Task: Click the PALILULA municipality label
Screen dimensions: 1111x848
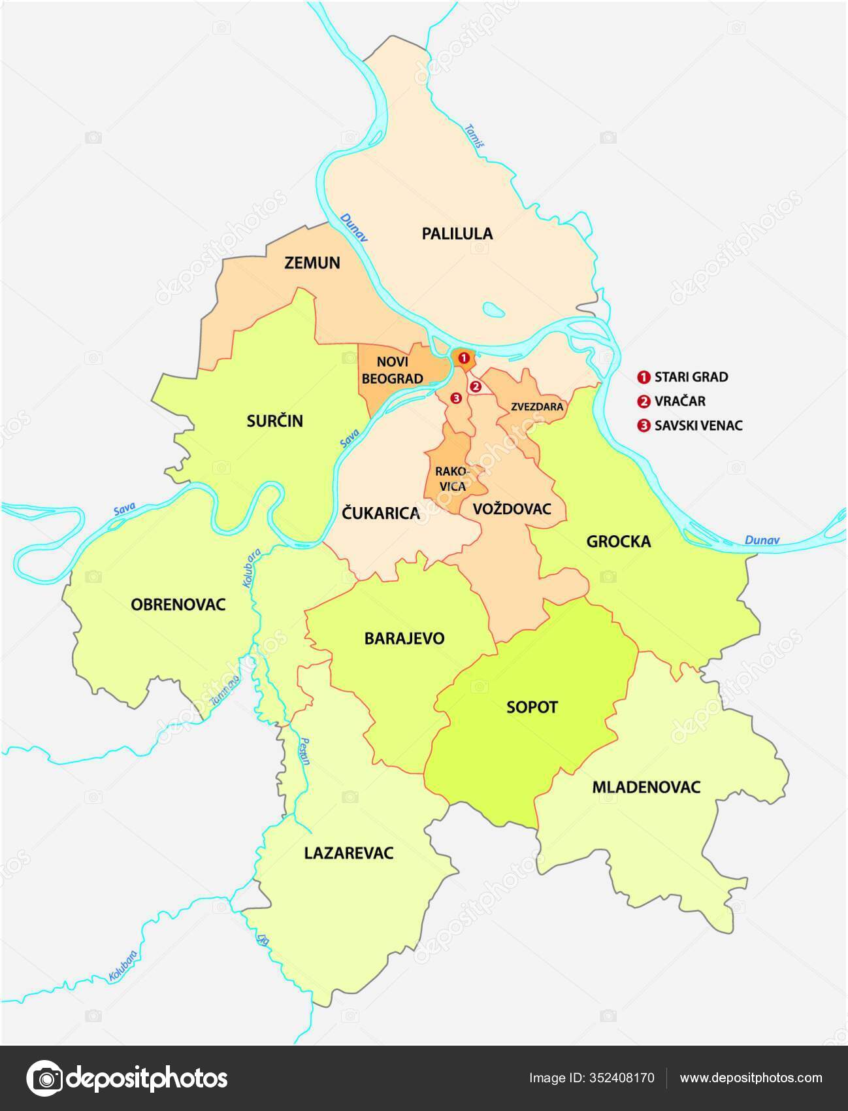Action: tap(457, 233)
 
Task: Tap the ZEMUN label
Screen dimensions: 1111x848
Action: tap(312, 263)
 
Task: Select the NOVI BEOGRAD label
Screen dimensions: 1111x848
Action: tap(393, 370)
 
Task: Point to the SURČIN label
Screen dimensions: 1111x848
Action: tap(274, 421)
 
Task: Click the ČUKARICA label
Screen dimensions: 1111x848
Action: tap(380, 514)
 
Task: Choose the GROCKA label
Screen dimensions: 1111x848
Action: tap(618, 541)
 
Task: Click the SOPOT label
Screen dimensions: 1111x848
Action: tap(532, 707)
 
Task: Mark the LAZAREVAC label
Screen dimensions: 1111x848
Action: tap(349, 853)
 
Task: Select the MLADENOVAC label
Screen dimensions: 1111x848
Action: tap(645, 787)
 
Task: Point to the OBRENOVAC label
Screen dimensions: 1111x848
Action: tap(178, 604)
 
